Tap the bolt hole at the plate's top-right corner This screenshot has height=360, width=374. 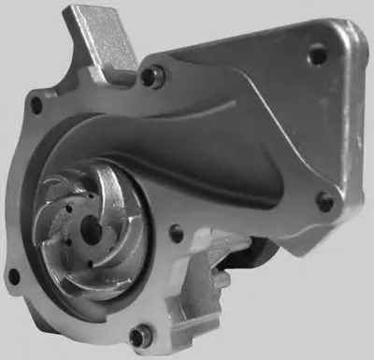[319, 54]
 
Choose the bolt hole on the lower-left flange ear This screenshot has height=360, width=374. [13, 275]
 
